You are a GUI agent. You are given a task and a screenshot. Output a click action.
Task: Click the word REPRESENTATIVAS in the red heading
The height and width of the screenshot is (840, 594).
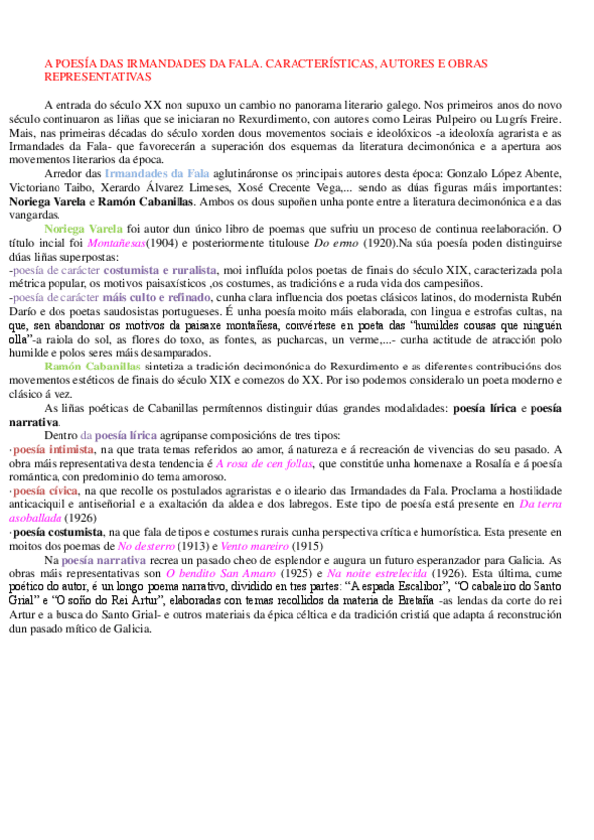(97, 76)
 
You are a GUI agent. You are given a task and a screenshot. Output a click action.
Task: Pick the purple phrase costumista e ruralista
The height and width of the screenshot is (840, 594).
(160, 268)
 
